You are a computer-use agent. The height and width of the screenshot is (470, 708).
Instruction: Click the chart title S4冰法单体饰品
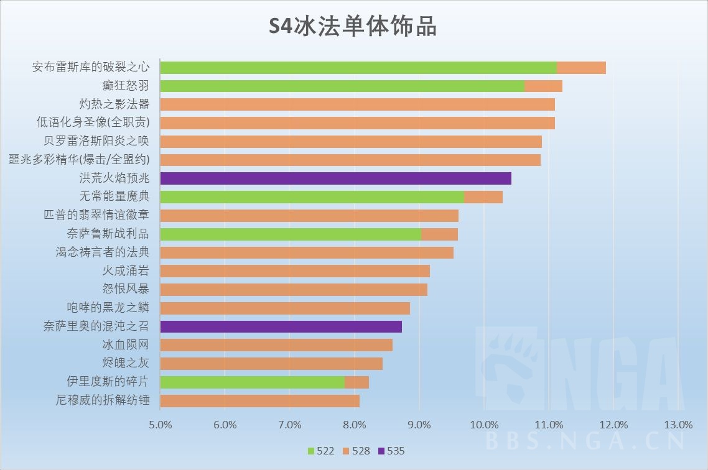pyautogui.click(x=353, y=27)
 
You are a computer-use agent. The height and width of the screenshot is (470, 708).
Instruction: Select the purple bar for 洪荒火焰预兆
pyautogui.click(x=335, y=178)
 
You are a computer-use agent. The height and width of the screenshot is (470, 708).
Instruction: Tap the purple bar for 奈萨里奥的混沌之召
pyautogui.click(x=281, y=326)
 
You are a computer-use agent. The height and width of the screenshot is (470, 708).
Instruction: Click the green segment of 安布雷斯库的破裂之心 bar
pyautogui.click(x=358, y=68)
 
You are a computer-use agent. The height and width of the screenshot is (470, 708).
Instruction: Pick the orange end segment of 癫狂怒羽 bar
pyautogui.click(x=543, y=86)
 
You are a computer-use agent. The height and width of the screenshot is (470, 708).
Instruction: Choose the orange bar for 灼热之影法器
pyautogui.click(x=357, y=104)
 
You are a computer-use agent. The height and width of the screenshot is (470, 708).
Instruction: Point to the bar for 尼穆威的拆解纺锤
pyautogui.click(x=259, y=400)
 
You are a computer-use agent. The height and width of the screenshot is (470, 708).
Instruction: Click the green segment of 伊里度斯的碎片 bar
pyautogui.click(x=252, y=382)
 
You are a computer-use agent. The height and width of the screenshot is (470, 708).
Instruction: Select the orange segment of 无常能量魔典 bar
pyautogui.click(x=483, y=197)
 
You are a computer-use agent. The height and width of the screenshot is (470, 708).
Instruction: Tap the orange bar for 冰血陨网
pyautogui.click(x=276, y=345)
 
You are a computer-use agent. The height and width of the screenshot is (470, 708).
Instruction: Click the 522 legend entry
pyautogui.click(x=320, y=451)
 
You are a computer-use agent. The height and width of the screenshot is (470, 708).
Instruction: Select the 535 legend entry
pyautogui.click(x=391, y=451)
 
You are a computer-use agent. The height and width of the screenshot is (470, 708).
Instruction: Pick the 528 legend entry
pyautogui.click(x=355, y=451)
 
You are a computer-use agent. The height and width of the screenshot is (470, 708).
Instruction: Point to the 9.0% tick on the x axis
pyautogui.click(x=419, y=425)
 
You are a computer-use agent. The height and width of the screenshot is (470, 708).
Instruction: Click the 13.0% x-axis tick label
pyautogui.click(x=678, y=425)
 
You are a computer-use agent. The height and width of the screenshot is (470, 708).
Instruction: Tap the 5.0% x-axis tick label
pyautogui.click(x=160, y=425)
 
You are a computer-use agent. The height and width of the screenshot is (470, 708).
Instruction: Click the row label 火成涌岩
pyautogui.click(x=126, y=271)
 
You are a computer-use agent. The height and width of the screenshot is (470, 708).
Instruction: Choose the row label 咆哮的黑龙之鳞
pyautogui.click(x=108, y=308)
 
